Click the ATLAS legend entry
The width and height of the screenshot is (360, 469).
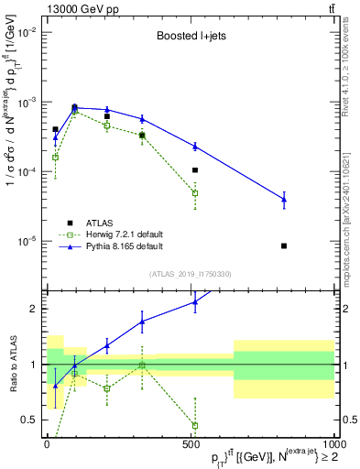click(100, 223)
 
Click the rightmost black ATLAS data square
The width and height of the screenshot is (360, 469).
click(284, 245)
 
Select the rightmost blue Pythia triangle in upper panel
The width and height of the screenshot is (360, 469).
click(284, 199)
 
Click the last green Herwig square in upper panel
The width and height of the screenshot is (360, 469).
click(195, 193)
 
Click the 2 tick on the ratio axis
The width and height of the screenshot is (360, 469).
click(34, 309)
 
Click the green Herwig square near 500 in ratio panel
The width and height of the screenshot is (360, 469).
click(195, 425)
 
